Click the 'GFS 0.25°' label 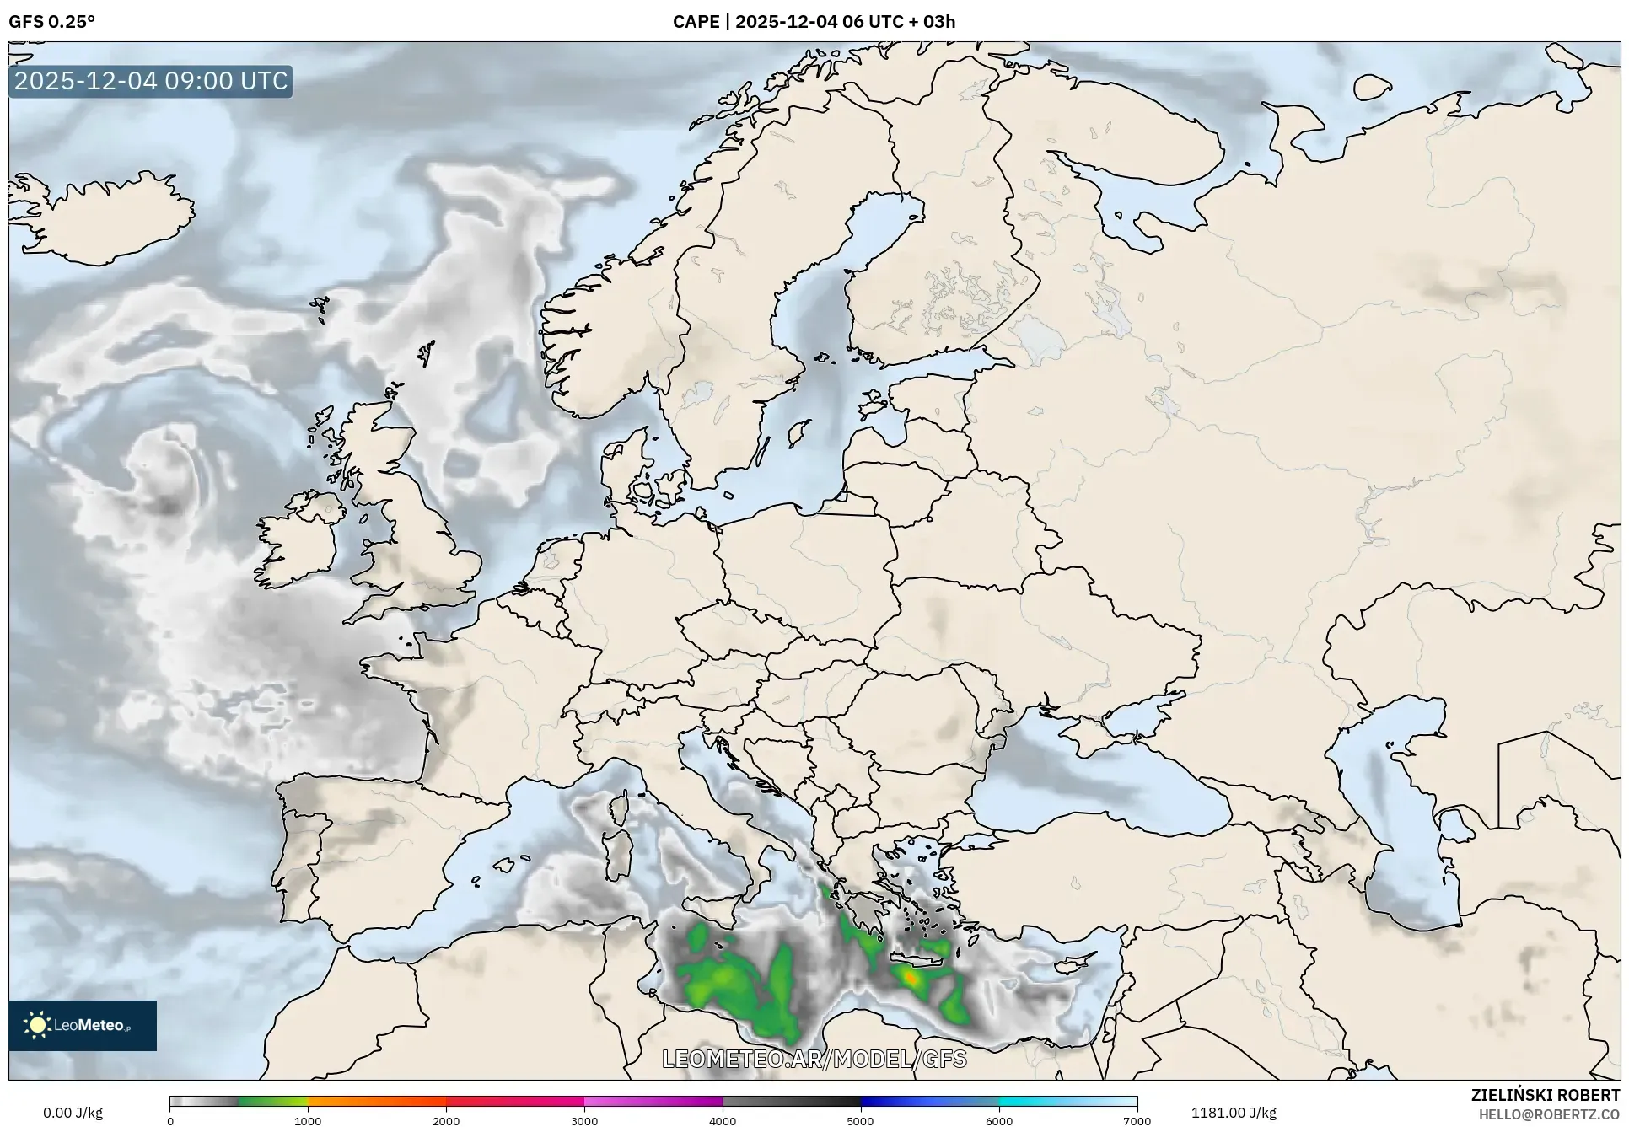pyautogui.click(x=51, y=22)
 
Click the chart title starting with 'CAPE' pyautogui.click(x=814, y=22)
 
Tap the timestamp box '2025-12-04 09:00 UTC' pyautogui.click(x=151, y=81)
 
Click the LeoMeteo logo pyautogui.click(x=83, y=1025)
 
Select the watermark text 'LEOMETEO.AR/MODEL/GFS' pyautogui.click(x=814, y=1059)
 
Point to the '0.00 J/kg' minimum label pyautogui.click(x=73, y=1113)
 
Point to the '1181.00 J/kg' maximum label pyautogui.click(x=1233, y=1113)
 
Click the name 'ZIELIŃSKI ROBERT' pyautogui.click(x=1546, y=1095)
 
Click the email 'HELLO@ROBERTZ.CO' pyautogui.click(x=1549, y=1114)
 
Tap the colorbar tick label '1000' pyautogui.click(x=308, y=1121)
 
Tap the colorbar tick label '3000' pyautogui.click(x=584, y=1121)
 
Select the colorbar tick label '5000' pyautogui.click(x=860, y=1121)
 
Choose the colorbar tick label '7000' pyautogui.click(x=1137, y=1121)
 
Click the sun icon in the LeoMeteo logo pyautogui.click(x=37, y=1025)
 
